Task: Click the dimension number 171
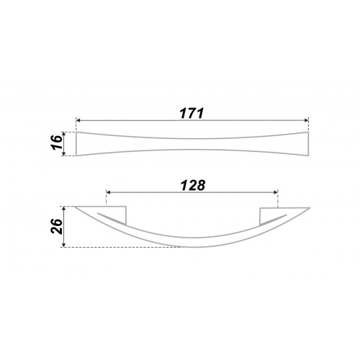point(192,113)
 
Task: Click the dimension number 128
point(193,185)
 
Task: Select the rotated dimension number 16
point(58,143)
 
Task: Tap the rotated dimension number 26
point(57,226)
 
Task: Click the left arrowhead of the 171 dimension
point(78,120)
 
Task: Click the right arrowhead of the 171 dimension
point(306,120)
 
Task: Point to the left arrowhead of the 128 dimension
point(108,192)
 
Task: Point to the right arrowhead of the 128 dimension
point(276,192)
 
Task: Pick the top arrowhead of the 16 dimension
point(63,134)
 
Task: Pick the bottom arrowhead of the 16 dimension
point(63,154)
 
